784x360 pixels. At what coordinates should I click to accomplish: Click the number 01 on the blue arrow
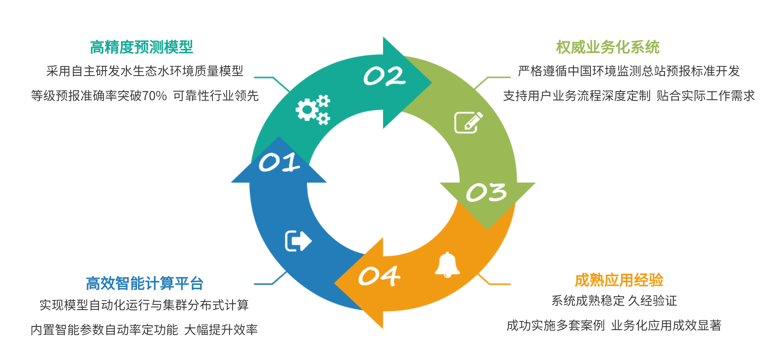coord(279,162)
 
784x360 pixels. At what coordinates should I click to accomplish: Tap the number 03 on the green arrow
coord(486,192)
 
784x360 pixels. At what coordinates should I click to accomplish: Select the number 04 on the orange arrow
coord(379,276)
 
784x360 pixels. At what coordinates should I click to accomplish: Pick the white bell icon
coord(447,265)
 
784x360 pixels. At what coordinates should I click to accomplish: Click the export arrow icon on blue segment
coord(298,241)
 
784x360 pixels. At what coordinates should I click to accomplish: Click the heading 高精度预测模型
coord(142,47)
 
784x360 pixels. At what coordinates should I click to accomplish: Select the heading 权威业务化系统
coord(608,47)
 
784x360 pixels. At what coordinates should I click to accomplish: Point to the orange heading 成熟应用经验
coord(619,280)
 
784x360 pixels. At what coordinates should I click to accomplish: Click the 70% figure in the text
coord(154,96)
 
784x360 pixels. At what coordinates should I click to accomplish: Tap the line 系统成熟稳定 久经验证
coord(614,301)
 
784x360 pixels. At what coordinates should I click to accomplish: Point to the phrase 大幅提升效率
coord(221,330)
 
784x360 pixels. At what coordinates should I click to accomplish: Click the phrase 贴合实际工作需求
coord(706,96)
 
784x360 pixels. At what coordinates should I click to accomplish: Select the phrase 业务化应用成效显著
coord(666,326)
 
